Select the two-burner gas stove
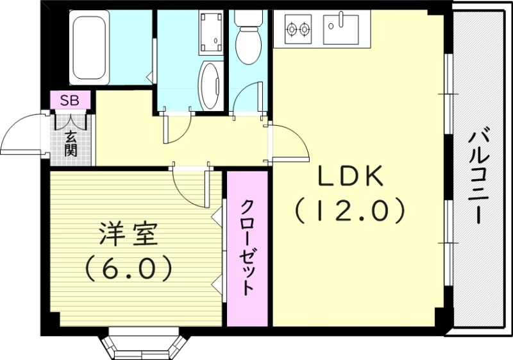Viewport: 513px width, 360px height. [x=298, y=29]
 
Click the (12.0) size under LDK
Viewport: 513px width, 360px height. [x=349, y=210]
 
